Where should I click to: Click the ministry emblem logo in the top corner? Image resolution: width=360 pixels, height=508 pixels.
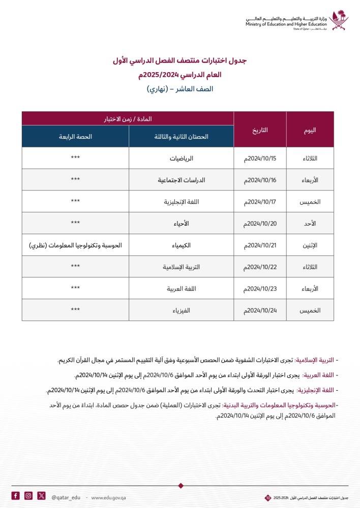(x=339, y=21)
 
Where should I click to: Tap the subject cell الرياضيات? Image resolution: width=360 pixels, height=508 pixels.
(x=182, y=158)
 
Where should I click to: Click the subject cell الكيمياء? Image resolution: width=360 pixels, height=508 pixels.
(x=182, y=245)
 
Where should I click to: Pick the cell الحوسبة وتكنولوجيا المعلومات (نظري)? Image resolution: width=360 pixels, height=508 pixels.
(x=76, y=245)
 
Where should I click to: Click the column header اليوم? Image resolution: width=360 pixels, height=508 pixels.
(x=310, y=130)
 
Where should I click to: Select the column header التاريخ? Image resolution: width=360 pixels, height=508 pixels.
(x=260, y=130)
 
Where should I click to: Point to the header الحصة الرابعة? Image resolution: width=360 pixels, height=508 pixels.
(x=75, y=137)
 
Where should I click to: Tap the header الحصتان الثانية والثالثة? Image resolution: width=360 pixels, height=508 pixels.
(x=182, y=137)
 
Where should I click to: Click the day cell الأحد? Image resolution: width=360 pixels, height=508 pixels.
(x=310, y=224)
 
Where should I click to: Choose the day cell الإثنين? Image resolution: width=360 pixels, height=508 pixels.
(x=310, y=245)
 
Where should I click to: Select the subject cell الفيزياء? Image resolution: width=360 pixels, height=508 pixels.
(x=182, y=310)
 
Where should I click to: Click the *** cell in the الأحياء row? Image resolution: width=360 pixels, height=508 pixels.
(x=75, y=224)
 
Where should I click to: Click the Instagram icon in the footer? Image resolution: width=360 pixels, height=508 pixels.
(x=28, y=496)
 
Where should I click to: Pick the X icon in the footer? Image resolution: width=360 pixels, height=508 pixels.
(x=42, y=496)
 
